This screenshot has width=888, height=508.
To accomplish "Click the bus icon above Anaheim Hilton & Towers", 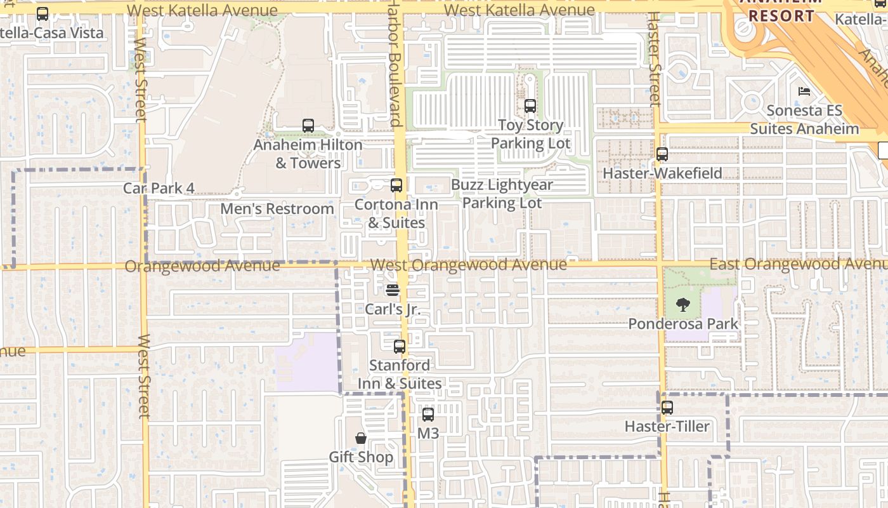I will (308, 126).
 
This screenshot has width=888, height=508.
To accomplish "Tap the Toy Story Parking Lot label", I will (530, 135).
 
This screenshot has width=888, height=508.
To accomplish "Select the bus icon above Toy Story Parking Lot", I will (530, 106).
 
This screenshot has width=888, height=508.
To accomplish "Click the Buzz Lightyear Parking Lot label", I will (502, 194).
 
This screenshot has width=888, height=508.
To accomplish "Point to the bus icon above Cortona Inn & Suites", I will (396, 185).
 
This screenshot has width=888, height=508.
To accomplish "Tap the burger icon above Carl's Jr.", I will (393, 290).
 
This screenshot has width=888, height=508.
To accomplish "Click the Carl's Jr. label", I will (393, 309).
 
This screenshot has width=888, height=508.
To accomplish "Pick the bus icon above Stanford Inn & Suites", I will (400, 347).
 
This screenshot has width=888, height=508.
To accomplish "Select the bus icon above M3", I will (428, 415).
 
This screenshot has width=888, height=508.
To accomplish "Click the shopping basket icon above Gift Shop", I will (361, 438).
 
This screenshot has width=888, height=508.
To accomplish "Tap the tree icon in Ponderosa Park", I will (682, 305).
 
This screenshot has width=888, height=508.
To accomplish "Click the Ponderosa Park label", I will (683, 324).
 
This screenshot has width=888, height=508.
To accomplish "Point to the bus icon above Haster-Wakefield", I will (662, 154).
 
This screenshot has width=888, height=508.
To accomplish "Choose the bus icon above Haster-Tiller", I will (667, 408).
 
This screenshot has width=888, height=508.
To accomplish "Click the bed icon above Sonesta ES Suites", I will (804, 91).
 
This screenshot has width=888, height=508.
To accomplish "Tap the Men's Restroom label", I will (277, 209).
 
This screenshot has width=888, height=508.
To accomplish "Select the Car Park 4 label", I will (159, 188).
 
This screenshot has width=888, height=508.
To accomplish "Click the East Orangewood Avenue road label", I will (797, 264).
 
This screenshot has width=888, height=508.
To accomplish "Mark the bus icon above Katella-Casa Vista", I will (42, 14).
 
